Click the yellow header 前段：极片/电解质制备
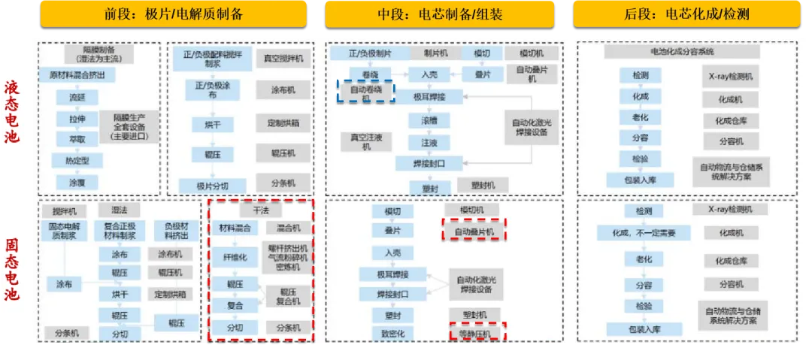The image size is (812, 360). [172, 14]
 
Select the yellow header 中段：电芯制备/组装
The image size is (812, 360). [440, 14]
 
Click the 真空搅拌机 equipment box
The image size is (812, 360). [283, 57]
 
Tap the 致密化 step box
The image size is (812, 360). [393, 332]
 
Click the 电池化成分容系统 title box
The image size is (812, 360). [671, 53]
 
